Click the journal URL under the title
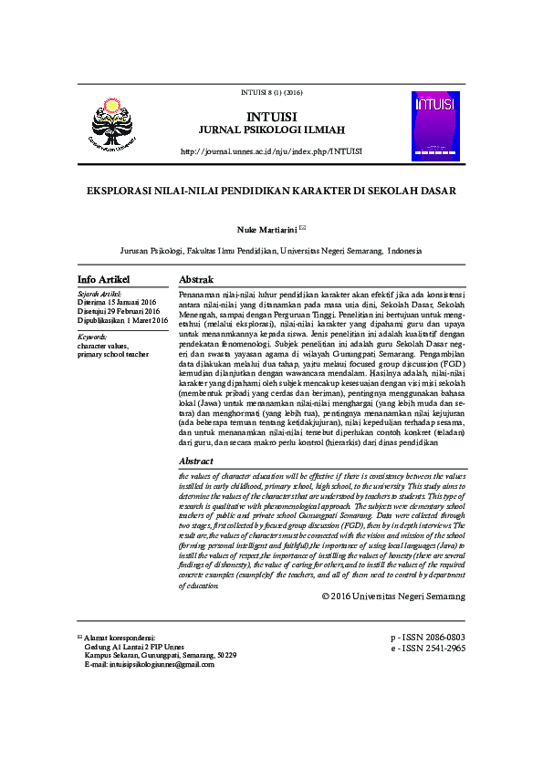(271, 151)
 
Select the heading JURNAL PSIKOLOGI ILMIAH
(271, 131)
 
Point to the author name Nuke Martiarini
(266, 230)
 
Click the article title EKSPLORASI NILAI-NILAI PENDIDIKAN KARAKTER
(271, 192)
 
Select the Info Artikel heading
(104, 278)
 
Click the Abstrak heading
(196, 278)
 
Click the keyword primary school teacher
(113, 355)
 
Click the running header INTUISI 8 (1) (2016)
(270, 92)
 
